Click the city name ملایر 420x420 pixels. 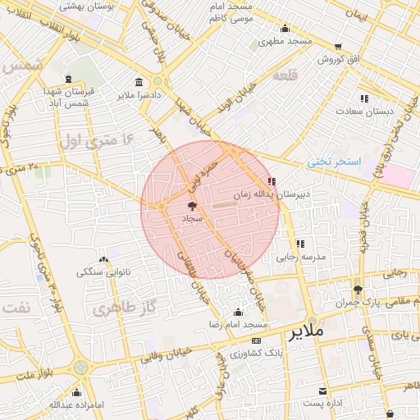click(x=305, y=331)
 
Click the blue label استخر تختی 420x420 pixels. click(x=334, y=162)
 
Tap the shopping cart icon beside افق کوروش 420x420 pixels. click(x=339, y=47)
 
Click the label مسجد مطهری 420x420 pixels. click(x=286, y=41)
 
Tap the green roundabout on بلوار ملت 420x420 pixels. click(x=80, y=367)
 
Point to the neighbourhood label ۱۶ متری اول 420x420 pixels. click(x=95, y=141)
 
